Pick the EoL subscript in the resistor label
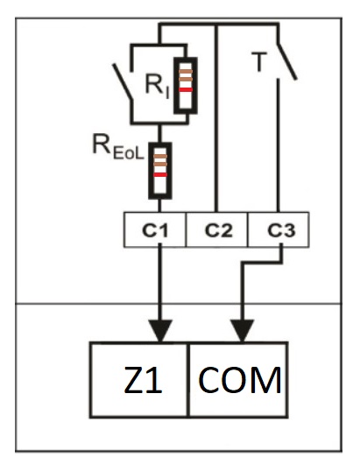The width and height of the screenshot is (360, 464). (128, 150)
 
